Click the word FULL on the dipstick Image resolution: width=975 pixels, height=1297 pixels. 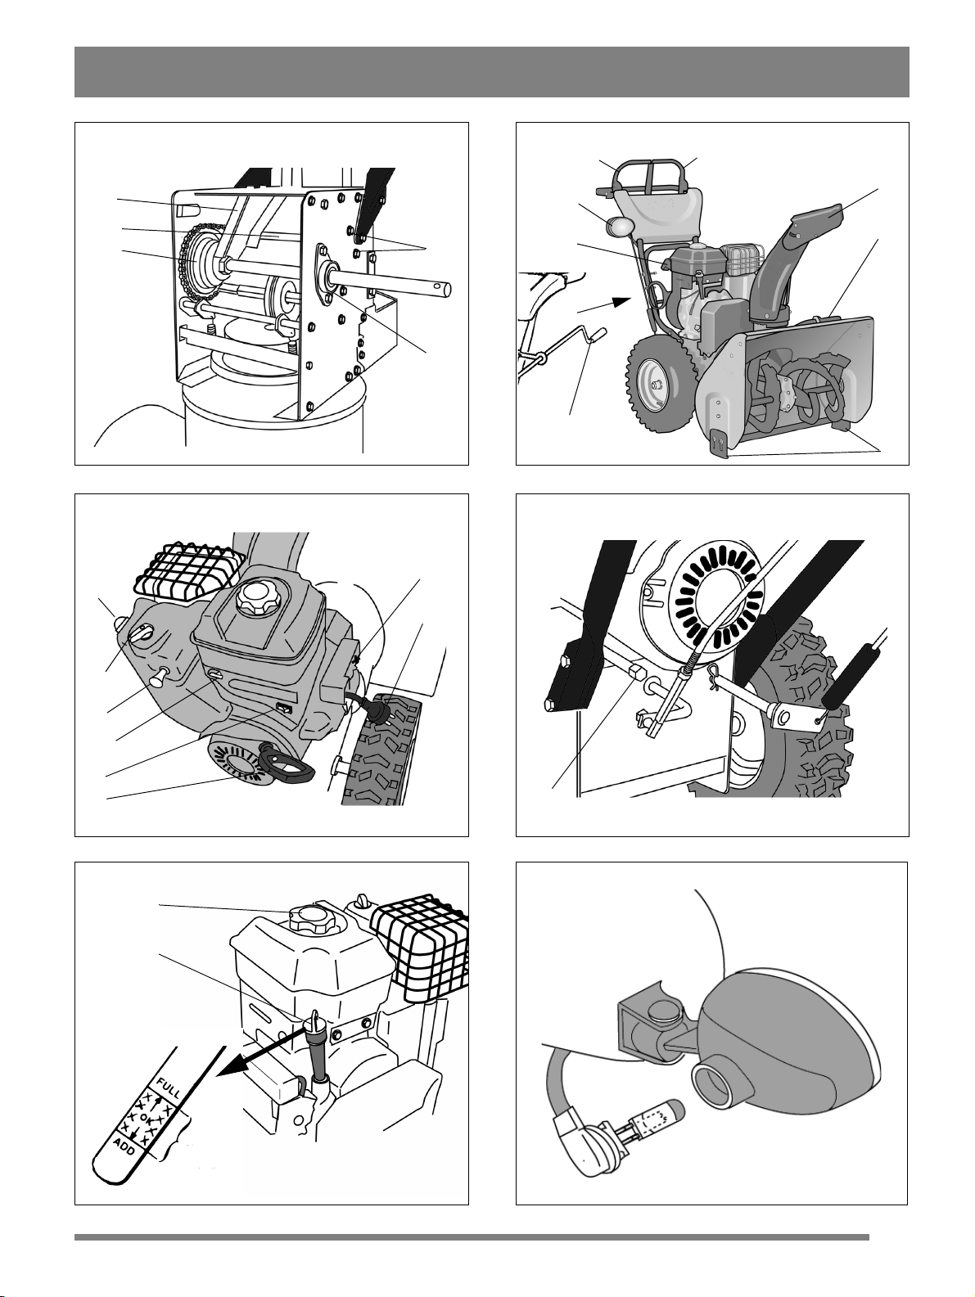coord(168,1088)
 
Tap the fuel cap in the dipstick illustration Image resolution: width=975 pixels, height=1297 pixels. coord(311,919)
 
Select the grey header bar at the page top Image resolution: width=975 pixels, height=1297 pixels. coord(492,71)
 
